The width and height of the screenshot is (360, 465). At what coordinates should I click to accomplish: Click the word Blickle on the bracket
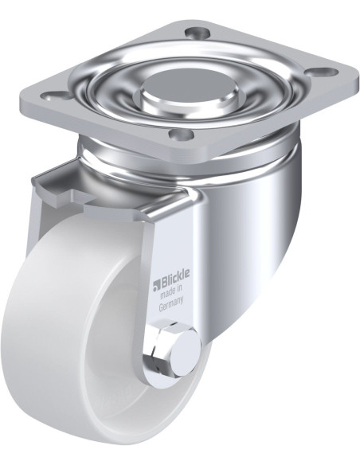[x=175, y=279]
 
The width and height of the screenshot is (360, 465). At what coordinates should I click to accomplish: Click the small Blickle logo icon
[x=156, y=286]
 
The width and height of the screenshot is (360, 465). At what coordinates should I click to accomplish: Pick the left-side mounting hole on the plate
[x=53, y=96]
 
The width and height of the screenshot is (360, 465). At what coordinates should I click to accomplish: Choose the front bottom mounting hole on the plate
[x=182, y=135]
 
